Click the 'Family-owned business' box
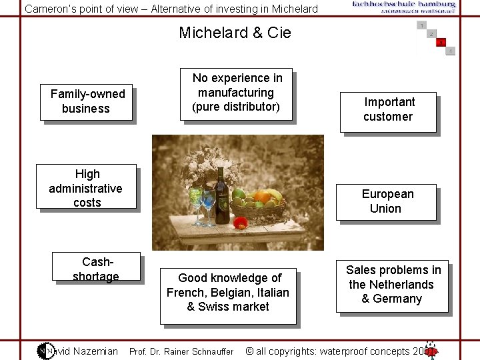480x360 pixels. pos(87,102)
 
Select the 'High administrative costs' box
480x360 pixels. pos(87,187)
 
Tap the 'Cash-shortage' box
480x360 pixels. pos(96,267)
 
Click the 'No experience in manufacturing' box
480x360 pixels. pos(237,93)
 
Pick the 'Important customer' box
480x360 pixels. pos(389,110)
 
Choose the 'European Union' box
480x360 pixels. pos(387,201)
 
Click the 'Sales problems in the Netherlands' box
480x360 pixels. pos(393,285)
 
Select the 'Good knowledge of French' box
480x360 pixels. pos(228,293)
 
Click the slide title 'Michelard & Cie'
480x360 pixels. pos(235,33)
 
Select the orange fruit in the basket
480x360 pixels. pos(265,195)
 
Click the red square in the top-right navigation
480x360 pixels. pos(441,43)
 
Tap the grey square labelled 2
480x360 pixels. pos(431,34)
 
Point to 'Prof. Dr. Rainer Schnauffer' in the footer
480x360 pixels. pos(181,352)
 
